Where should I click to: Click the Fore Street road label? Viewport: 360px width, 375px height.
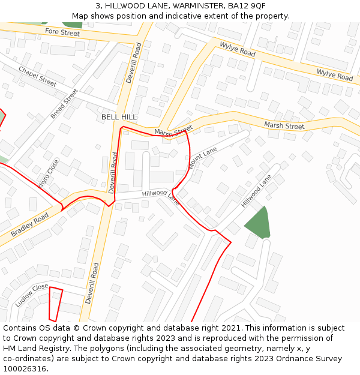coord(62,32)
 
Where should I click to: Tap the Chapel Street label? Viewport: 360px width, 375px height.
coord(37,76)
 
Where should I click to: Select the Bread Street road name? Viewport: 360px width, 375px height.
coord(64,103)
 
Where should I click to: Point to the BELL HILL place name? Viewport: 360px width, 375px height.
coord(119,117)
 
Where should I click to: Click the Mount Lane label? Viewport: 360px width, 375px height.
coord(203,158)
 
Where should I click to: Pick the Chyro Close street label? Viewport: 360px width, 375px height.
coord(49,174)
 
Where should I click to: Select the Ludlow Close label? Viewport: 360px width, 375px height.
coord(32,295)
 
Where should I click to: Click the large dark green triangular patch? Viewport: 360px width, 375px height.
coord(258,223)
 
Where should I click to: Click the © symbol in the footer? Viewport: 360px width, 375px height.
coord(76,328)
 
